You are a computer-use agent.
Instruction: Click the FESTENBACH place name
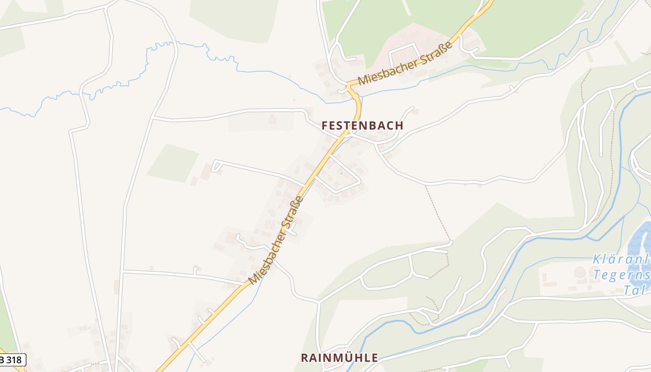pos(362,126)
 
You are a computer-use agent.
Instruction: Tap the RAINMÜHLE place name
pos(339,358)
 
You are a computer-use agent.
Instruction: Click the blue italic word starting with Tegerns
pos(621,275)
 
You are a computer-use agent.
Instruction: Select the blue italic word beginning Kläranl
pos(621,259)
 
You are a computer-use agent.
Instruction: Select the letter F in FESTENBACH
pos(325,126)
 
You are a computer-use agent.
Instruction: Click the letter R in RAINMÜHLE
pos(305,358)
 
